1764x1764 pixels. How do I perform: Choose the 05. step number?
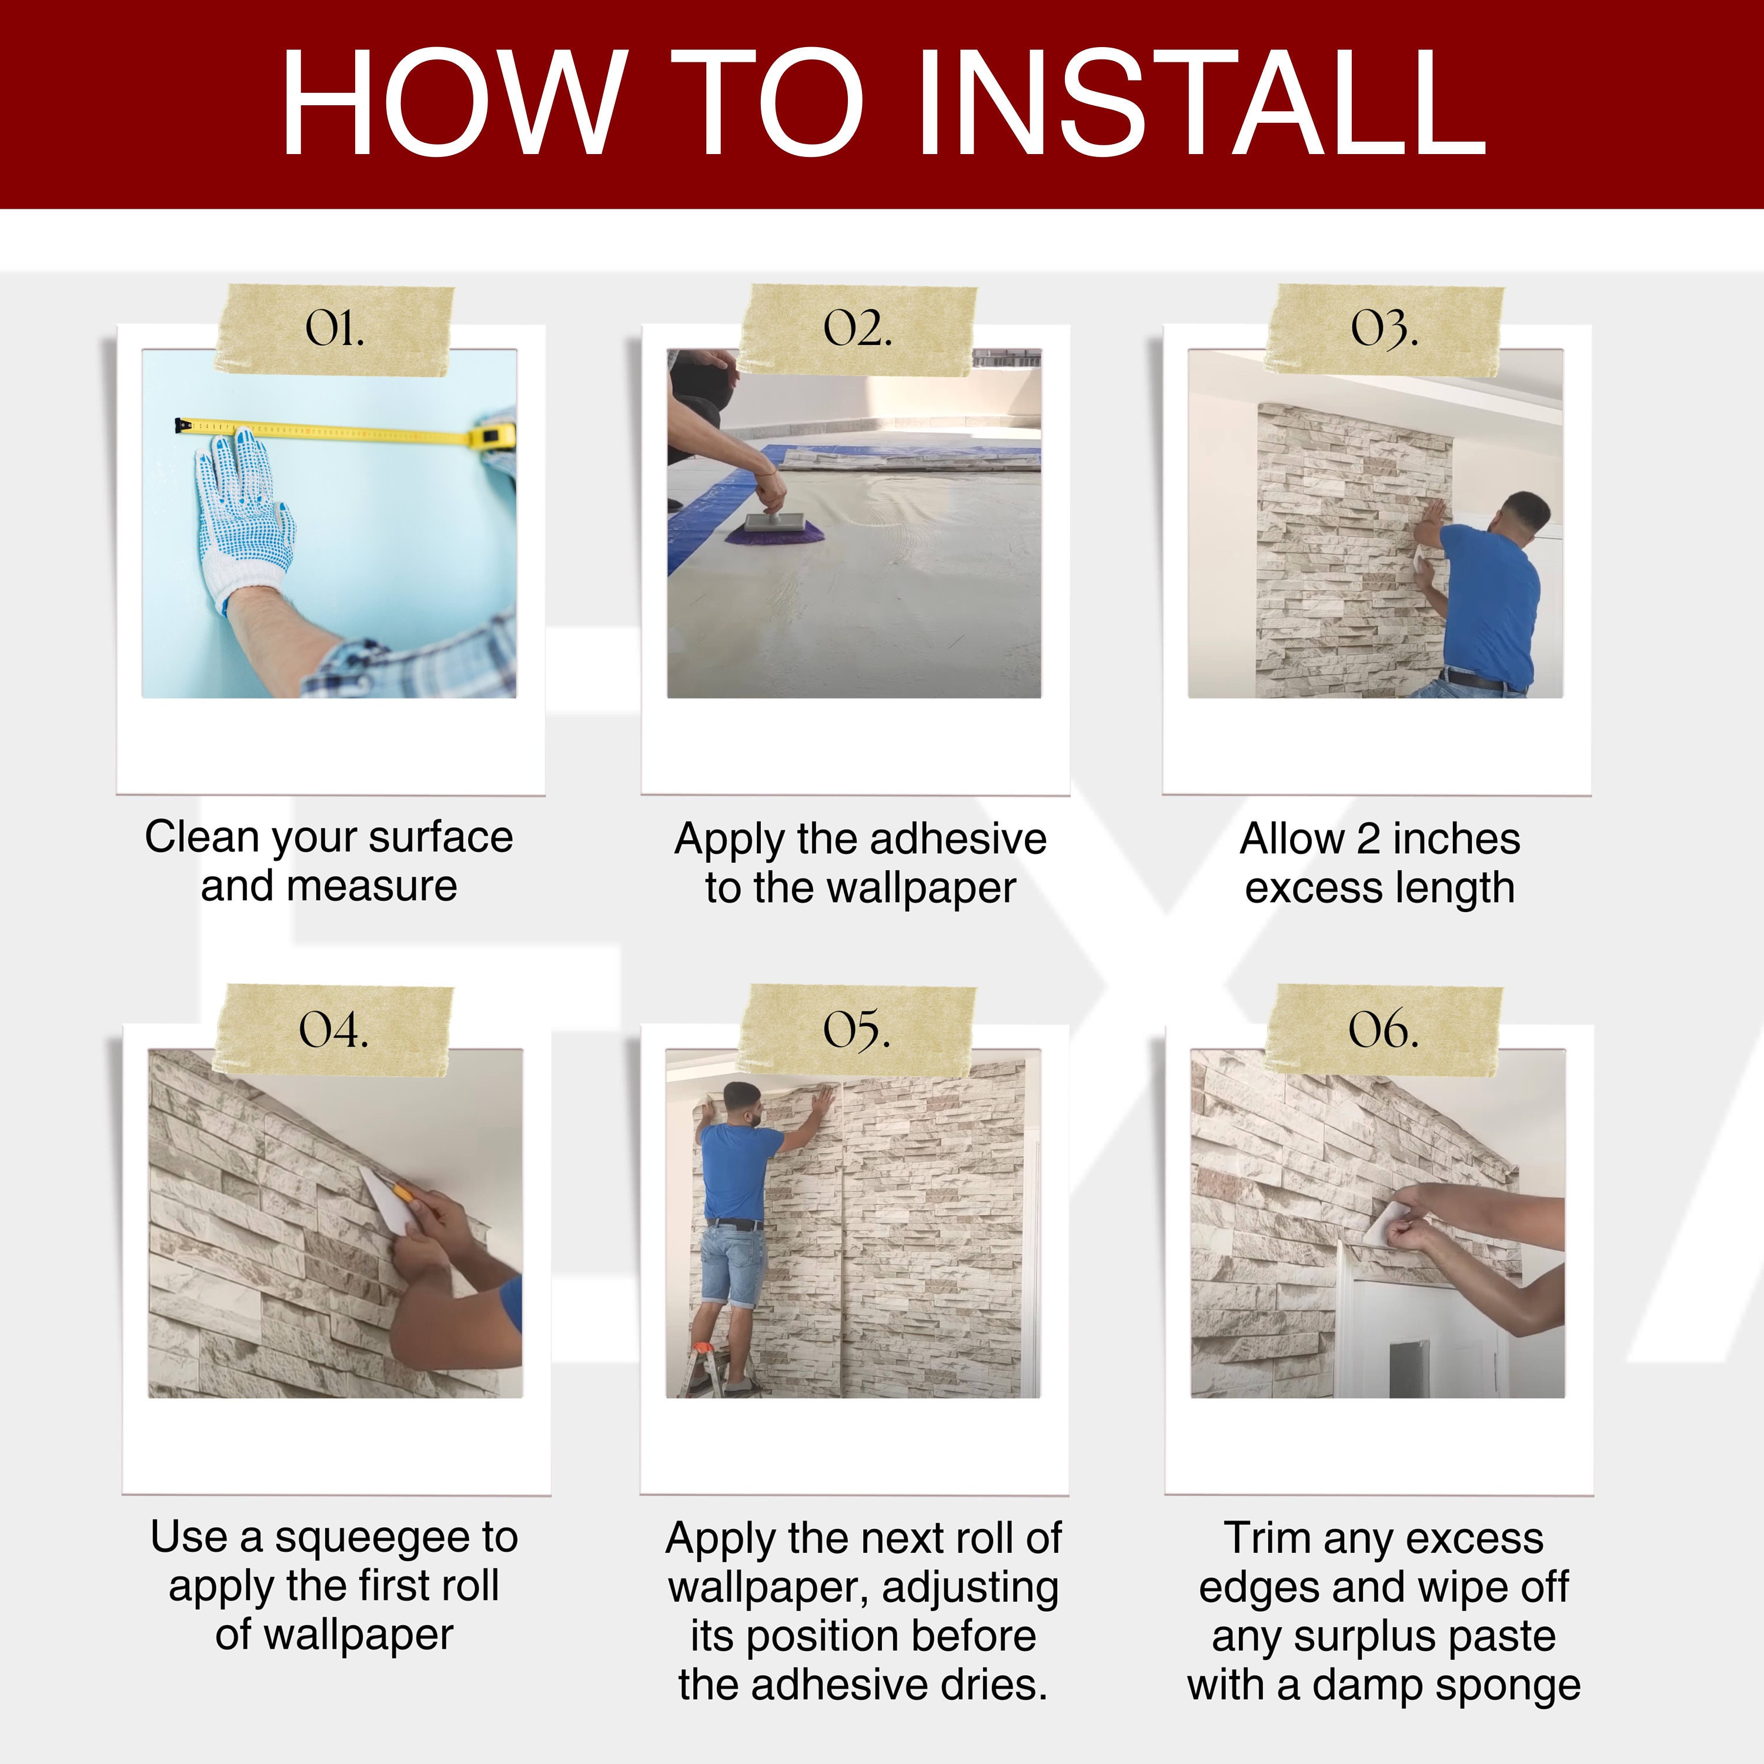click(857, 1030)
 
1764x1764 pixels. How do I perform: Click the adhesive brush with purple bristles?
click(774, 529)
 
